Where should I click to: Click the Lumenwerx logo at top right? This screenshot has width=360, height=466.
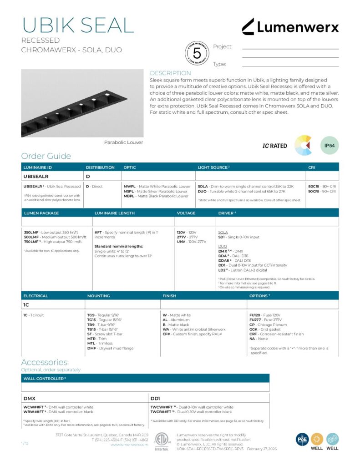coord(290,27)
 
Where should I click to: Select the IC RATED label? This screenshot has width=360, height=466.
coord(275,146)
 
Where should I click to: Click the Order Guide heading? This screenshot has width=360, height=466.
coord(46,156)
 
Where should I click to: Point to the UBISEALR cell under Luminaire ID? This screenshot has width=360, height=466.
coord(36,176)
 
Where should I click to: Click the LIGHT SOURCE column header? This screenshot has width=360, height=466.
coord(213,167)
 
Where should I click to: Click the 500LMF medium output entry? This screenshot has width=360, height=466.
coord(55,237)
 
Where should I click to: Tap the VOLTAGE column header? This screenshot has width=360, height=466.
coord(186,213)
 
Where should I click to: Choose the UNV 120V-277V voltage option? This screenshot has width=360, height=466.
coord(191,242)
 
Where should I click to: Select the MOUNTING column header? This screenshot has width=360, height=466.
coord(98,296)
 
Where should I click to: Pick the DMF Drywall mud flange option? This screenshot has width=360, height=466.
coord(110,348)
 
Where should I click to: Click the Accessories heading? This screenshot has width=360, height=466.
coord(44,362)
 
